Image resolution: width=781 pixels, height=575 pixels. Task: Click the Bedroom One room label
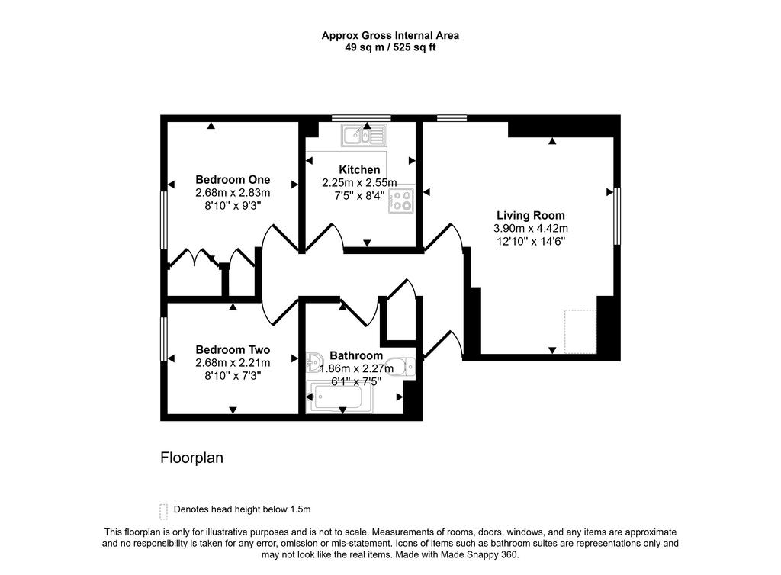(233, 180)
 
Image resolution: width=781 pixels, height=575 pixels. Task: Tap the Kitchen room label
(359, 169)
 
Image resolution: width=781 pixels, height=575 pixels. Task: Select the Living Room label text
(531, 215)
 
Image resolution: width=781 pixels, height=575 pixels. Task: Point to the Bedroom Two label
(233, 349)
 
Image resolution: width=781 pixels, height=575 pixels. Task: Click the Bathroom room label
(355, 355)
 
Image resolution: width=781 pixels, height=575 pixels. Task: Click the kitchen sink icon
(365, 136)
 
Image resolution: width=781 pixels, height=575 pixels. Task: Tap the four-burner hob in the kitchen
(400, 200)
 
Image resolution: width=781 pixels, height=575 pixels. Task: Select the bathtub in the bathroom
(341, 397)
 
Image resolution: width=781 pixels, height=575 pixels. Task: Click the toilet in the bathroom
(400, 367)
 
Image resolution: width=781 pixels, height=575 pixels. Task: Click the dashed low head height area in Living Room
(580, 332)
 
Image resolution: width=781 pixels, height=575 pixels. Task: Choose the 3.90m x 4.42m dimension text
(531, 228)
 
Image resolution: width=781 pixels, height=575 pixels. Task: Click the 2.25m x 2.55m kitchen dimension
(359, 182)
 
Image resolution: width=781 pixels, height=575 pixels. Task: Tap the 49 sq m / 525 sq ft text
(390, 47)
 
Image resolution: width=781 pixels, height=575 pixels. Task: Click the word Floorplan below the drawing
(191, 458)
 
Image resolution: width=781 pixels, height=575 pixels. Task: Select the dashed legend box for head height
(162, 510)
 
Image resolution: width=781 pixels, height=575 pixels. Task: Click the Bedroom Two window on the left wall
(163, 339)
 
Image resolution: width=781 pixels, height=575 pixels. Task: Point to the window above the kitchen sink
(361, 118)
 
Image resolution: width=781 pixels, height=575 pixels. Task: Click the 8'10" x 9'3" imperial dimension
(233, 206)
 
